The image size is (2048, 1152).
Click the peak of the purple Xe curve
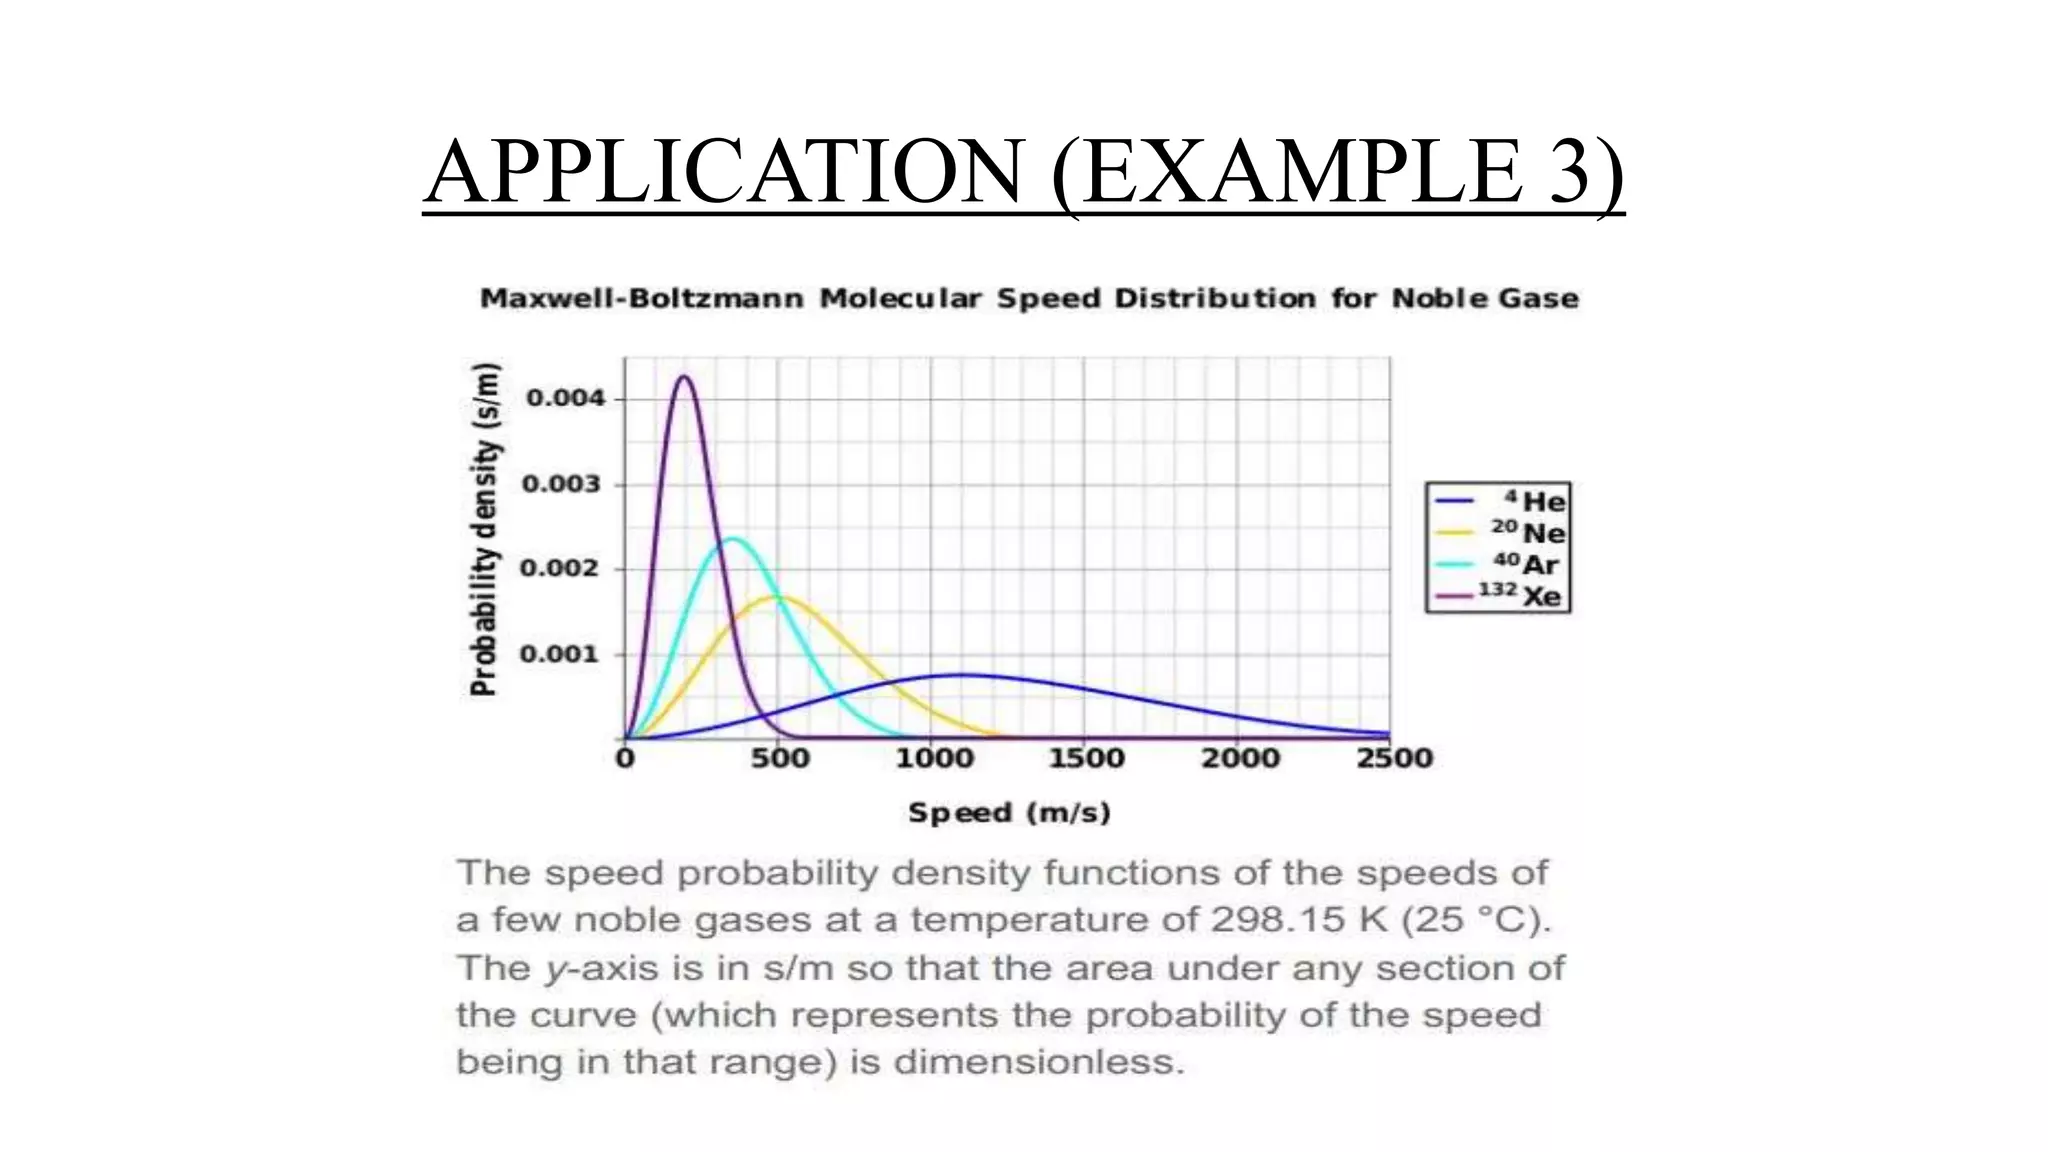pos(685,377)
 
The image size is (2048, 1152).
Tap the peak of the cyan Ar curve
pos(733,539)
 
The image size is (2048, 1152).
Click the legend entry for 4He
pos(1499,500)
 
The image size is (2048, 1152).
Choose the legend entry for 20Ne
pos(1499,532)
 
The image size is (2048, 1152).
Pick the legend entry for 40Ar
pos(1499,564)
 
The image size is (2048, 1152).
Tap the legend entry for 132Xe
pos(1499,596)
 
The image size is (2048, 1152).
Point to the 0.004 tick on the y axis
pos(565,399)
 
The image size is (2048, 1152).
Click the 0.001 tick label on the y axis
pos(562,654)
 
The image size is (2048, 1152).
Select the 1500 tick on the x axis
pos(1086,758)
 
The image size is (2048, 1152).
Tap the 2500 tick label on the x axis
pos(1394,758)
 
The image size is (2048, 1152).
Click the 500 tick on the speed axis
pos(780,758)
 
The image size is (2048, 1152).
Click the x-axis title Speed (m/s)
pos(1009,812)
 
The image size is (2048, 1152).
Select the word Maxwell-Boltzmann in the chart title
pos(641,299)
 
